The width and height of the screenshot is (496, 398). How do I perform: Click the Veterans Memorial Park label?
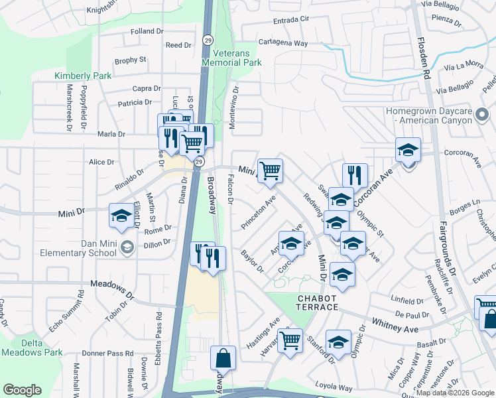click(x=232, y=57)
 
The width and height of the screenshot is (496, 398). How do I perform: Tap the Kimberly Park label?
click(x=83, y=76)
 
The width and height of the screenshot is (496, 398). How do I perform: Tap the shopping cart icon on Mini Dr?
click(x=270, y=170)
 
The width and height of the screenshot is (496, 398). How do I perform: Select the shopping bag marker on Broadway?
click(x=223, y=358)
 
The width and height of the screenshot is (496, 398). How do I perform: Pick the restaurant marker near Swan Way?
click(x=355, y=174)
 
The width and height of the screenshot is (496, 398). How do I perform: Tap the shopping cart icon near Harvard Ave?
click(x=290, y=340)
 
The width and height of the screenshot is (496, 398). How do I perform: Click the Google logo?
click(x=23, y=390)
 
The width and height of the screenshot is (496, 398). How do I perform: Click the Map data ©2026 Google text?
click(x=455, y=393)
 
